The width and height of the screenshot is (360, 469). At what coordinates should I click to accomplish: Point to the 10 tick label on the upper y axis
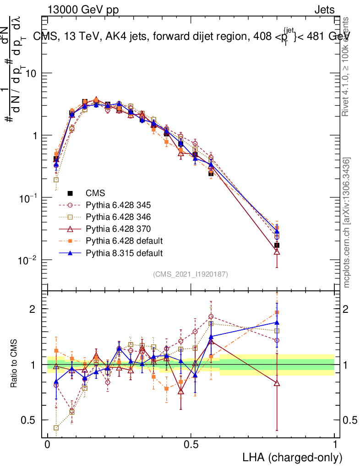[31, 73]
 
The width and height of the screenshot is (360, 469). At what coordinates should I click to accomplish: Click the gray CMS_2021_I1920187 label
[191, 274]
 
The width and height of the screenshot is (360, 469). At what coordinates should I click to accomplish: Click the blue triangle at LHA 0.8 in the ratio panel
[277, 323]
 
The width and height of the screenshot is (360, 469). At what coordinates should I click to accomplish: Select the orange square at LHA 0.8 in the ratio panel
[277, 313]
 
